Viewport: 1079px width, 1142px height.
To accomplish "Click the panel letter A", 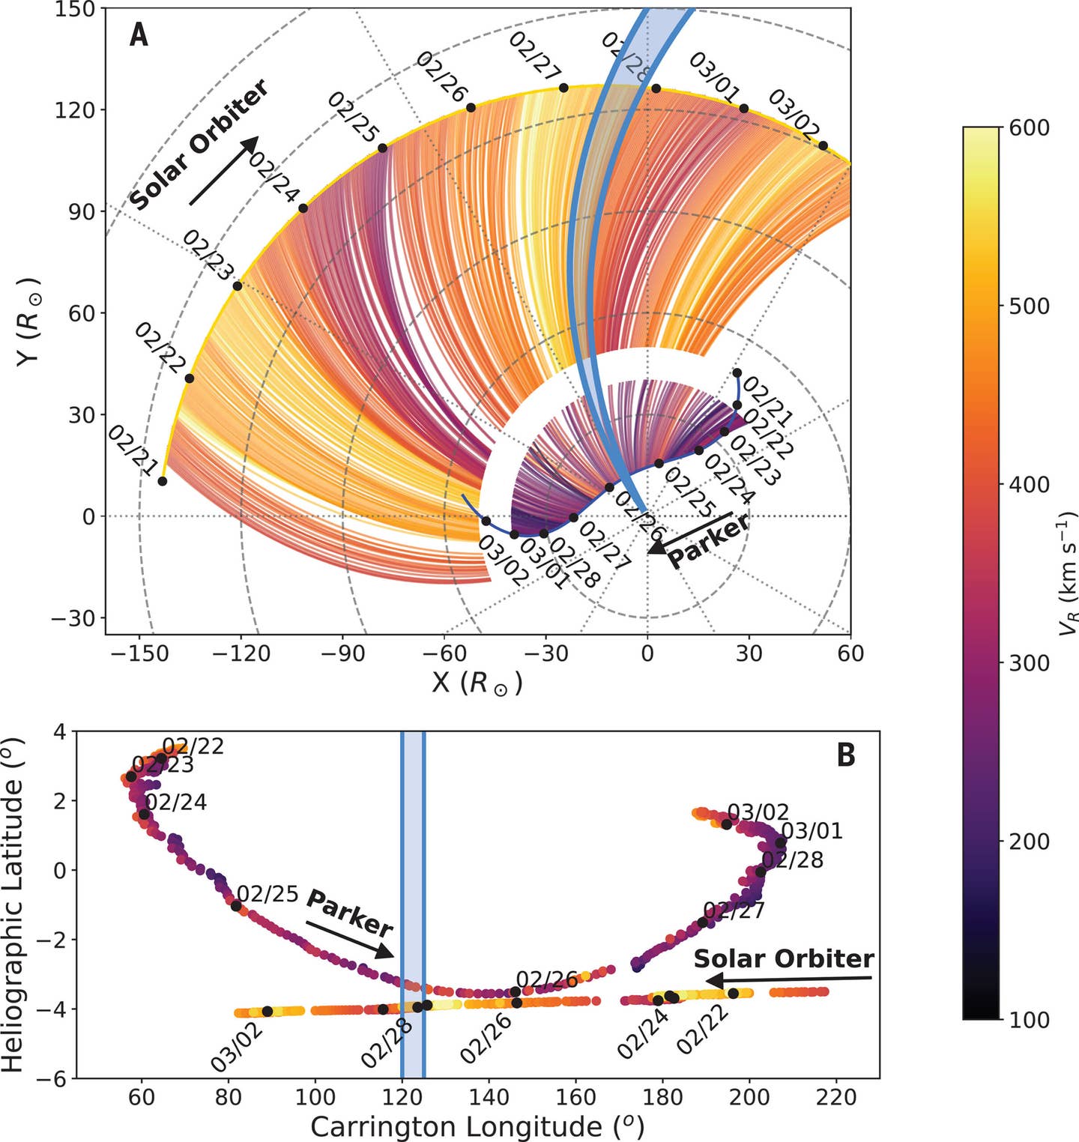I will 139,35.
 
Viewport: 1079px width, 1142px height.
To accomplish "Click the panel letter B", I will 845,755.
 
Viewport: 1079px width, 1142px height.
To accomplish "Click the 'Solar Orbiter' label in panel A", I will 199,145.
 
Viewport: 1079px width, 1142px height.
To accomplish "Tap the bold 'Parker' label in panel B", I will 349,913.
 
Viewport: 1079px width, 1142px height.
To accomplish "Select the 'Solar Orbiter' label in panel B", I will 784,958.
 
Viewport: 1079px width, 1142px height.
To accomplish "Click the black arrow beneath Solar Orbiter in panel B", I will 790,979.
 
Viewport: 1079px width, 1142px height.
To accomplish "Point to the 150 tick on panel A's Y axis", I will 75,9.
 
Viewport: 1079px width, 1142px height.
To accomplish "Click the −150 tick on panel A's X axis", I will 139,653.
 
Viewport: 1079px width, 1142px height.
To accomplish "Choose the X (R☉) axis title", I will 477,683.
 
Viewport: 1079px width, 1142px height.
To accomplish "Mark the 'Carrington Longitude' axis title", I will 477,1126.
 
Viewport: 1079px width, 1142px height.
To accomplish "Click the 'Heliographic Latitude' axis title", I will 15,904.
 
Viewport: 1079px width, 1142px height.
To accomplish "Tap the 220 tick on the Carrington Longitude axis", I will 836,1097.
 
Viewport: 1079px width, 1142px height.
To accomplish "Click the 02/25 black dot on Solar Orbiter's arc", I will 382,148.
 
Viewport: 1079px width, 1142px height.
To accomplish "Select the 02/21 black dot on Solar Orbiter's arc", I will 163,481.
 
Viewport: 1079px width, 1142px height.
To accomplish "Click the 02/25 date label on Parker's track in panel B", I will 268,895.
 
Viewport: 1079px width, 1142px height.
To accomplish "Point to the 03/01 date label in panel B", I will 811,831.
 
